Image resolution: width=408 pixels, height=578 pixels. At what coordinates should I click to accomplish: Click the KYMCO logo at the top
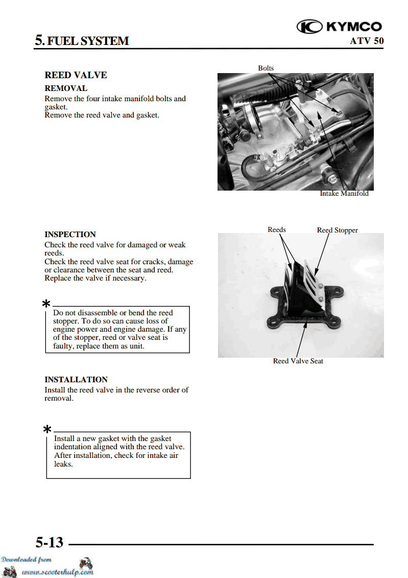pyautogui.click(x=339, y=27)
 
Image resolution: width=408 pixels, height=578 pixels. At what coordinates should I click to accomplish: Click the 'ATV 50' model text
pyautogui.click(x=366, y=41)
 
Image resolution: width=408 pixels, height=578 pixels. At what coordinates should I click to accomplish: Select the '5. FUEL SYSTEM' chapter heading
pyautogui.click(x=82, y=40)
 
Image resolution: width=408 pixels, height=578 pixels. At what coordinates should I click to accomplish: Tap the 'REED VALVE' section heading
pyautogui.click(x=76, y=75)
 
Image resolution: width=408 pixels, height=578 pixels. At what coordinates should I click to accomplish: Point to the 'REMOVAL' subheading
pyautogui.click(x=66, y=88)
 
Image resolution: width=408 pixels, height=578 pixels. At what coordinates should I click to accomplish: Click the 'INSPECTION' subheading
pyautogui.click(x=70, y=235)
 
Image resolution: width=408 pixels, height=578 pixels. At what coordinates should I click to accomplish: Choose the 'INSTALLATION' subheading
pyautogui.click(x=76, y=380)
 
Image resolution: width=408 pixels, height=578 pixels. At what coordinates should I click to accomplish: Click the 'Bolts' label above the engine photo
pyautogui.click(x=266, y=68)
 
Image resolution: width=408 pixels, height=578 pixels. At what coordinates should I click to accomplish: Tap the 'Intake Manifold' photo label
pyautogui.click(x=344, y=194)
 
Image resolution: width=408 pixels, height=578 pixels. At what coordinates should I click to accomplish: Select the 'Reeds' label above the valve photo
pyautogui.click(x=277, y=230)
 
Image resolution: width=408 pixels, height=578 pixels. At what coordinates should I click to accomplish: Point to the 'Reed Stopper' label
pyautogui.click(x=337, y=230)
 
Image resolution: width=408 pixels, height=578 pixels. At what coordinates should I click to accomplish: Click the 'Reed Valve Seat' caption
pyautogui.click(x=298, y=361)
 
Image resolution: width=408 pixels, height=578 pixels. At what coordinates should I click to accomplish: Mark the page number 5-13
pyautogui.click(x=50, y=542)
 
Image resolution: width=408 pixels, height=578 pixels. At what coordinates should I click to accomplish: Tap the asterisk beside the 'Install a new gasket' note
pyautogui.click(x=47, y=430)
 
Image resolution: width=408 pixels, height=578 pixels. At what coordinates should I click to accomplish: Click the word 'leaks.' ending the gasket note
pyautogui.click(x=63, y=464)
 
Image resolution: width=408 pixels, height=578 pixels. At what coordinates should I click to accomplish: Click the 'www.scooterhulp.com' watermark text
pyautogui.click(x=58, y=572)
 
